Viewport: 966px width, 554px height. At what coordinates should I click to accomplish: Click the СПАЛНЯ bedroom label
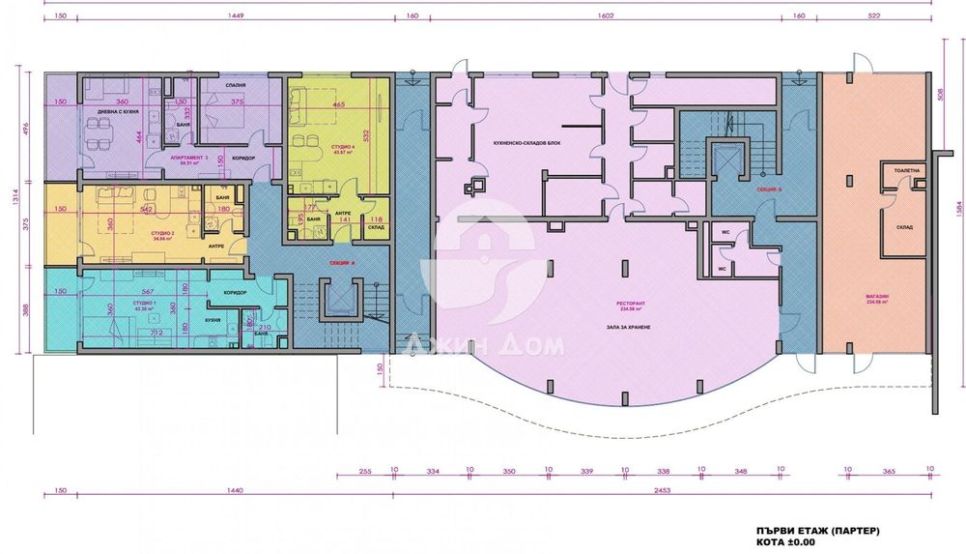click(x=236, y=85)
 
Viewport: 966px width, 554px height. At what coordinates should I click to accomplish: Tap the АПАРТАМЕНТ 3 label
click(x=188, y=156)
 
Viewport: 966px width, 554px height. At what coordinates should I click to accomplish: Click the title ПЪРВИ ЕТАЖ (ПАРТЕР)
click(x=818, y=531)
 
